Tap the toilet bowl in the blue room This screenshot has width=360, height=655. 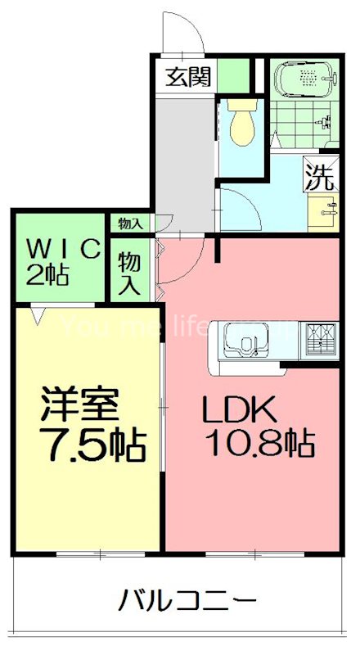coord(241,124)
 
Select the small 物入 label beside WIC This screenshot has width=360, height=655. coord(130,223)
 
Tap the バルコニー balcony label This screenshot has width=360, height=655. coord(183,603)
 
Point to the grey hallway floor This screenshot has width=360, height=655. coord(184,156)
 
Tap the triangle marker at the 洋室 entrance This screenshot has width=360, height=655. coord(38,312)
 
